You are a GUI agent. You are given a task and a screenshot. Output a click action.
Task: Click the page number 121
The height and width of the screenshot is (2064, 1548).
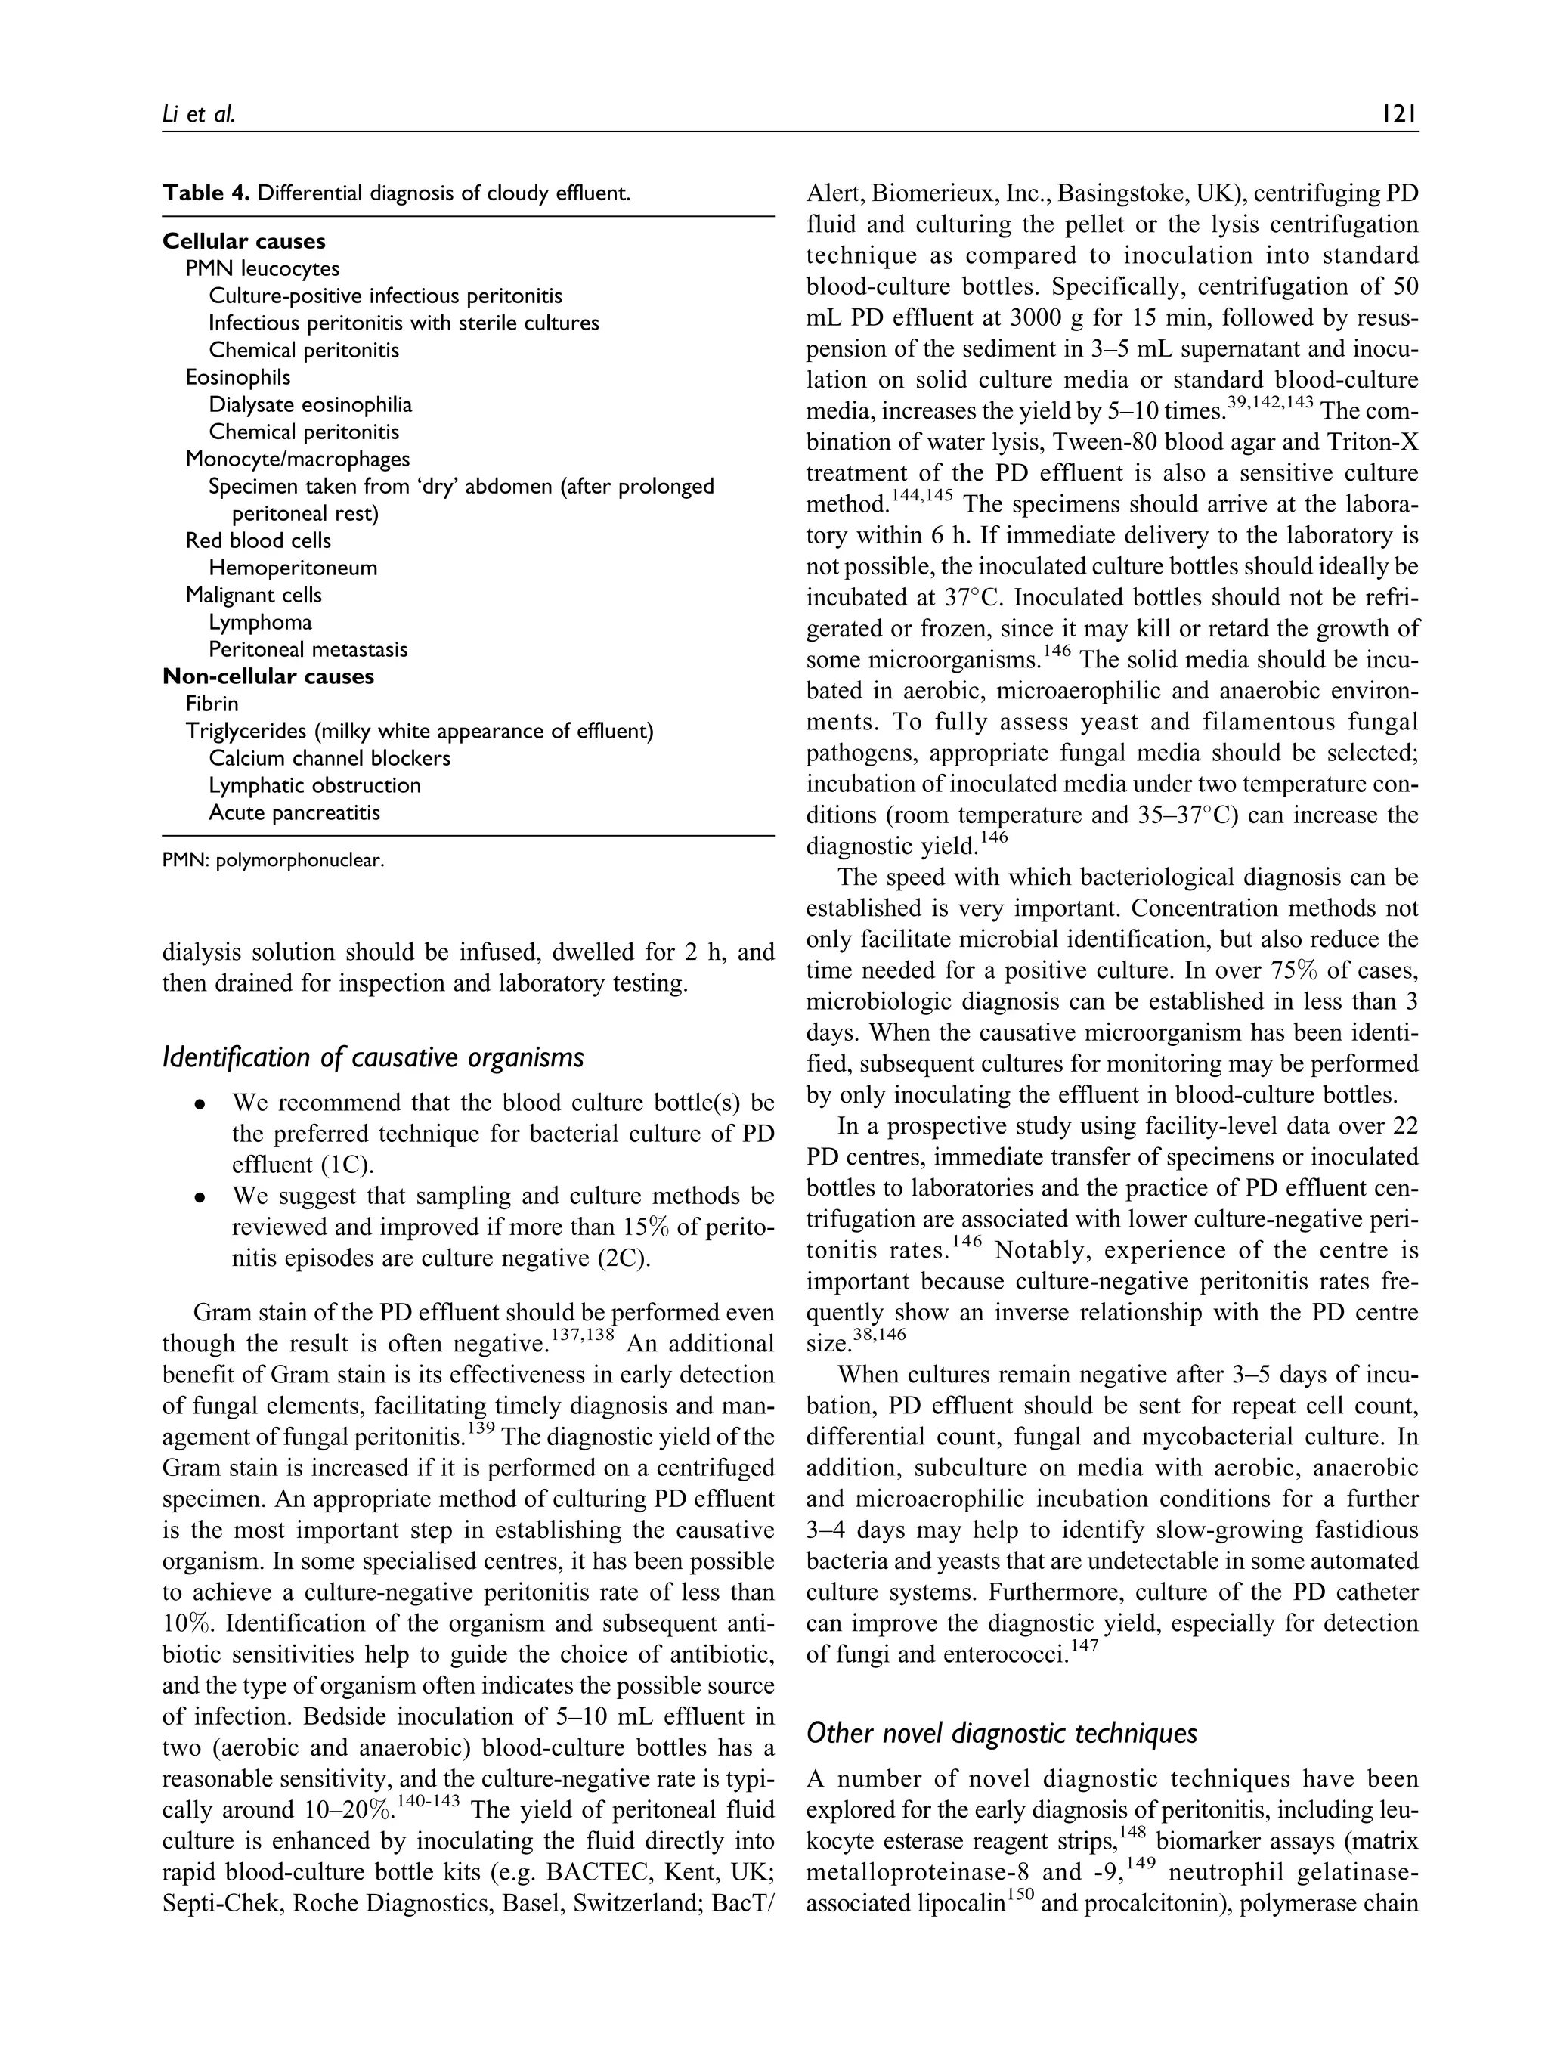(1400, 114)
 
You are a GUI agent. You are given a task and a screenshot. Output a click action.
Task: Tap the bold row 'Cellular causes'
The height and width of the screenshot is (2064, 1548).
(243, 242)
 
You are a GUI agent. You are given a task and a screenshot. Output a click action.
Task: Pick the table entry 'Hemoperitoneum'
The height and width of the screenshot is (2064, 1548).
(293, 568)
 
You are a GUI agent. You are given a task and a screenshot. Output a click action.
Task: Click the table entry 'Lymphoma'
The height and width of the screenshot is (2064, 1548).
(260, 622)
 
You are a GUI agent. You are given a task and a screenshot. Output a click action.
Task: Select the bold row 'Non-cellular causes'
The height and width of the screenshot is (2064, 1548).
(268, 676)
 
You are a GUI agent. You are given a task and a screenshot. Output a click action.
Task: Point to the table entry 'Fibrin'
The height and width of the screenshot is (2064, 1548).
(212, 704)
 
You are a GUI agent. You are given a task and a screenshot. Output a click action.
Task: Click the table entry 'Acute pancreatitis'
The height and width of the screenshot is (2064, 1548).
(294, 812)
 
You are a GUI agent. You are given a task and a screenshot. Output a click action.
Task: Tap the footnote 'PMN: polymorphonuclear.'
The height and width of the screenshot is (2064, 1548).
(274, 860)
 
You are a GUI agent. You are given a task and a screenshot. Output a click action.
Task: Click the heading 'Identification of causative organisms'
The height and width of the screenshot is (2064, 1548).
(373, 1057)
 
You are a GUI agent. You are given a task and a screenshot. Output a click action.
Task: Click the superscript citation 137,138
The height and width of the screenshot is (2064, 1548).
(582, 1336)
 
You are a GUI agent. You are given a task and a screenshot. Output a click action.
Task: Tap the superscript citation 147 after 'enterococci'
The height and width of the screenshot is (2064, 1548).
(1085, 1647)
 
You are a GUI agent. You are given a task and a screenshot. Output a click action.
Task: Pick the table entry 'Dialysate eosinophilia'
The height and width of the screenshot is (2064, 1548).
(310, 405)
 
